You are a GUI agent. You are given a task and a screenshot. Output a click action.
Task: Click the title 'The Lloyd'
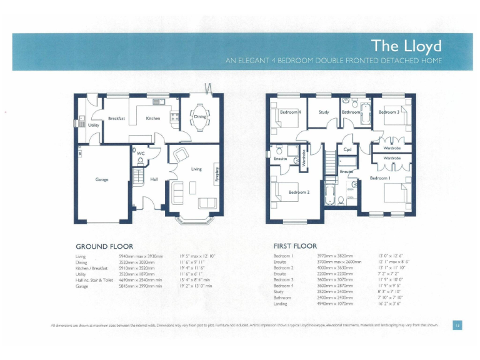point(406,46)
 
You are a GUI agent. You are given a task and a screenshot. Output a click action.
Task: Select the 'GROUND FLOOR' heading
point(104,246)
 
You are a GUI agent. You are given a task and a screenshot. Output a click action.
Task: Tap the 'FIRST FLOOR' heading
point(295,246)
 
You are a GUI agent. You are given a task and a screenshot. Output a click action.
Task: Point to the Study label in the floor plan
point(324,112)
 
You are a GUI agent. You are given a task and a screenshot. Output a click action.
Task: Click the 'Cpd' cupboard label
point(347,149)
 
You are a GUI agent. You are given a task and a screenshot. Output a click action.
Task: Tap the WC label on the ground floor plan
point(141,152)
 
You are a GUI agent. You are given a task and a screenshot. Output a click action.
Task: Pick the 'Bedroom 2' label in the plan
point(299,192)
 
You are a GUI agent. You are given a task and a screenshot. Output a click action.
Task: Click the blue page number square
point(457,324)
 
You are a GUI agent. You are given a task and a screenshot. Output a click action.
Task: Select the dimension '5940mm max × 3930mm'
point(141,256)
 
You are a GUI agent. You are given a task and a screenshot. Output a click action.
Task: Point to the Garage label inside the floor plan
point(102,179)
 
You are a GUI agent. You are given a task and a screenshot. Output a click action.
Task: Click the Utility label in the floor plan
point(93,125)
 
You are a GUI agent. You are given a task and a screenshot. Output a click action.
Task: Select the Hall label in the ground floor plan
point(154,179)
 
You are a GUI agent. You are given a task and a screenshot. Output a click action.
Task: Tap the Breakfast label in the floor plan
point(117,117)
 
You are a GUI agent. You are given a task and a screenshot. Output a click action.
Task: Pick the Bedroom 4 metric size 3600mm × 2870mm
point(335,285)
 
